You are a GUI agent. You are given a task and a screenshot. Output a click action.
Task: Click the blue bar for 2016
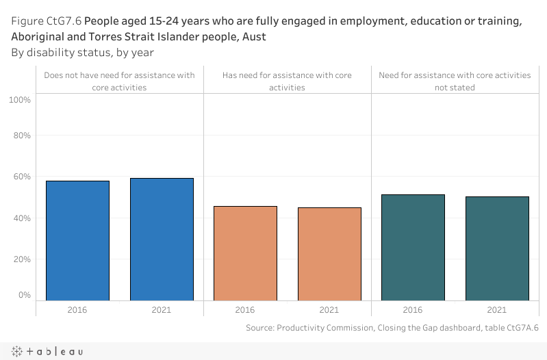pos(77,240)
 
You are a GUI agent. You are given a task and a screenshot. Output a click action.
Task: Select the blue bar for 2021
pos(162,239)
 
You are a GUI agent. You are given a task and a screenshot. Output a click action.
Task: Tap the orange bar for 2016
pos(245,253)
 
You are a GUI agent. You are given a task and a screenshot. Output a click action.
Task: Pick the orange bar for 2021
pos(329,253)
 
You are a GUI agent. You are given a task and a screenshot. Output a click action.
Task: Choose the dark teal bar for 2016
pos(413,247)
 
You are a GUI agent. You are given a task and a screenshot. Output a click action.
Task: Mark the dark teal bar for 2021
pos(497,248)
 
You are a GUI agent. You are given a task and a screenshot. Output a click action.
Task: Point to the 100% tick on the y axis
pos(20,100)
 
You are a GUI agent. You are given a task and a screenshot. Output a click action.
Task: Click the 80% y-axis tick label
pos(22,136)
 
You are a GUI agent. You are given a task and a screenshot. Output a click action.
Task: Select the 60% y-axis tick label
pos(22,177)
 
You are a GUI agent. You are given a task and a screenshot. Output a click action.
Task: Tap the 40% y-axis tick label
pos(22,218)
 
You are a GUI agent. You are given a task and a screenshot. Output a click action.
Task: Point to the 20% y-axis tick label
pos(22,259)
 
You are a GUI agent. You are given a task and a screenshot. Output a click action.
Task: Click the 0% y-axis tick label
pos(24,295)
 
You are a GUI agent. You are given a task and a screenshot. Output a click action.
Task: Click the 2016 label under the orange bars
pos(245,310)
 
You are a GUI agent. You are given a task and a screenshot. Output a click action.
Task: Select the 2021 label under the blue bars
pos(162,310)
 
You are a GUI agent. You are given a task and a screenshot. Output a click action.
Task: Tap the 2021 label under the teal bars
pos(497,310)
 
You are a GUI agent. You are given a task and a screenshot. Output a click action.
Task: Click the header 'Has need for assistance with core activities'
pos(288,81)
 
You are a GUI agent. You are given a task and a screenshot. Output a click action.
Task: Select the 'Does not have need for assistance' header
pos(119,81)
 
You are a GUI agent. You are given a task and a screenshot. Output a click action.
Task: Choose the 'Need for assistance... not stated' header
pos(455,81)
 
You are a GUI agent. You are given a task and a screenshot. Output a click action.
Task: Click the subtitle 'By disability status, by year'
pos(82,52)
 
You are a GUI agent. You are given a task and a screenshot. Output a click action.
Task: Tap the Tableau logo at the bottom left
pos(47,351)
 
